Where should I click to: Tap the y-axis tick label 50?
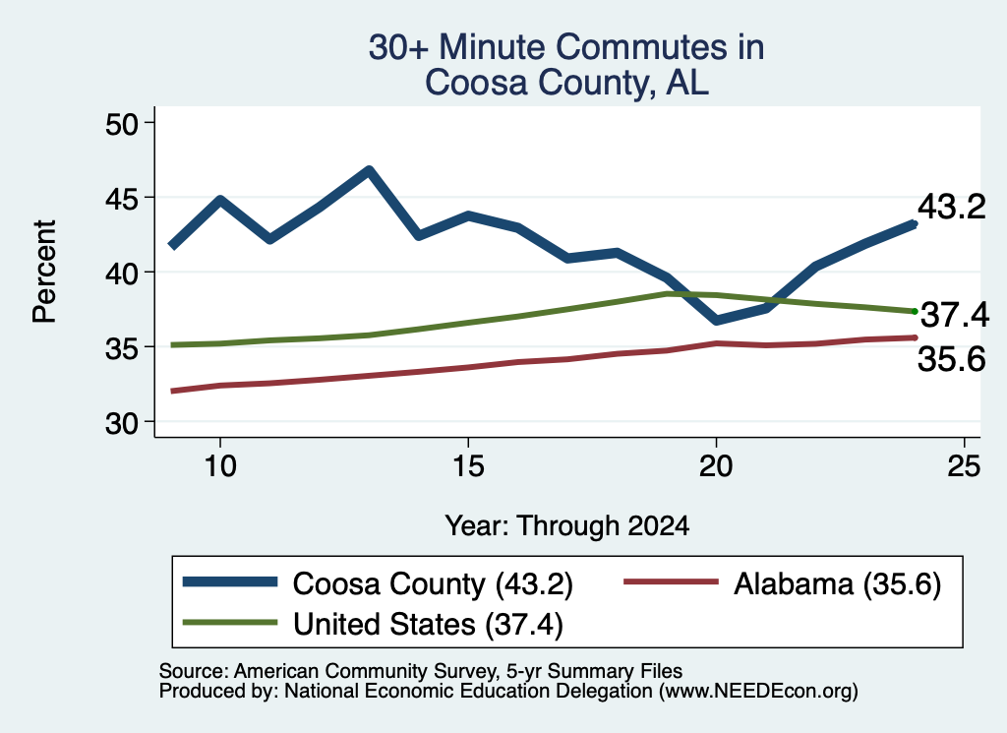122,124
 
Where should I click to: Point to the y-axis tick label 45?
122,199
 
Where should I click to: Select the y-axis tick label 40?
122,274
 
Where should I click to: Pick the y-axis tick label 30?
122,423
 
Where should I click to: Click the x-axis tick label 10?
220,465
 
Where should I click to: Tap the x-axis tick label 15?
468,465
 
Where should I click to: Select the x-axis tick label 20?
716,465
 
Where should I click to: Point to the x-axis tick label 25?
964,465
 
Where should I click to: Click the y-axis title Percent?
45,272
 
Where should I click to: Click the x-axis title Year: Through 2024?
567,525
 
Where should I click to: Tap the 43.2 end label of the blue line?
951,207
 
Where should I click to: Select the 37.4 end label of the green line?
955,315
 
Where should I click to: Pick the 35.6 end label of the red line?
951,358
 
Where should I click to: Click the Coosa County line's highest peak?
369,170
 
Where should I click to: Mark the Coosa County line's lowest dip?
717,320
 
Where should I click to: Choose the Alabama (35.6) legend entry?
782,584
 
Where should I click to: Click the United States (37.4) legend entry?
373,624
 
